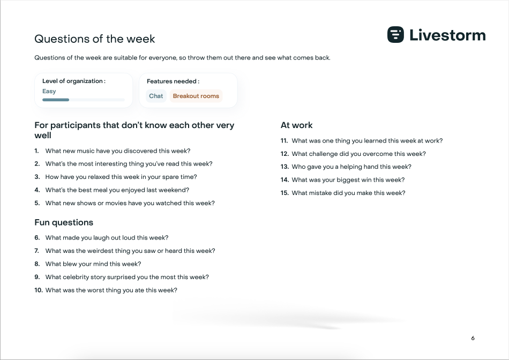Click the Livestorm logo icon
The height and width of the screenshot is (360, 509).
click(395, 34)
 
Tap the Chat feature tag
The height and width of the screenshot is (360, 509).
click(156, 96)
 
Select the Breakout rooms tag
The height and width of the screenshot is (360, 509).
click(196, 96)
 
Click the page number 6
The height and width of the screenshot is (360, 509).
click(473, 338)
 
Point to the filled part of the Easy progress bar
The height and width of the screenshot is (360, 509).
click(56, 100)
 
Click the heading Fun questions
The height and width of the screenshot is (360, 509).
click(64, 222)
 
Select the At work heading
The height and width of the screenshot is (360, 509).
click(296, 125)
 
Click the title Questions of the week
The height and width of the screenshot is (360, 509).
click(94, 39)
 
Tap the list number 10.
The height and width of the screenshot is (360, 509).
click(38, 290)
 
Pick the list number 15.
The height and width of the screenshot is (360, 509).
click(285, 193)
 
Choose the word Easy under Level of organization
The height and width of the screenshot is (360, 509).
click(49, 91)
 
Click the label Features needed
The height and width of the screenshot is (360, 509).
click(173, 81)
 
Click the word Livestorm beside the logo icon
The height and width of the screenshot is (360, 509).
click(447, 35)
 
